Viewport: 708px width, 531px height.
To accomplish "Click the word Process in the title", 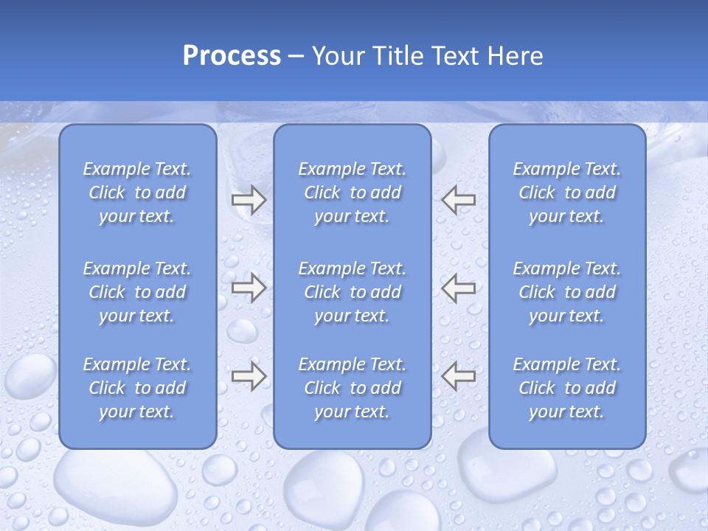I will tap(232, 56).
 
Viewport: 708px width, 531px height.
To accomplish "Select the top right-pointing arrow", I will tap(249, 200).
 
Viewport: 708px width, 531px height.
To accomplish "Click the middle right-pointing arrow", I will tap(249, 288).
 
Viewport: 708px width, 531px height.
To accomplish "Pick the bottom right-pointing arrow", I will tap(249, 376).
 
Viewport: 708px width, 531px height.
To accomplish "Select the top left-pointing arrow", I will tap(458, 200).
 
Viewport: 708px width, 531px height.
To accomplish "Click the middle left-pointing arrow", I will tap(458, 288).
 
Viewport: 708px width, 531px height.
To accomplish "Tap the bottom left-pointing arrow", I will tap(458, 376).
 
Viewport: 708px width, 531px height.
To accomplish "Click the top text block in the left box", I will tap(137, 192).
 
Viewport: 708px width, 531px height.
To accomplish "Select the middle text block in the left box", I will tap(137, 292).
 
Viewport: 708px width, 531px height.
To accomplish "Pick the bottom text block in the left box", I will tap(137, 388).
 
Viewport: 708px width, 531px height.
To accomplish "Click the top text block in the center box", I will tap(352, 192).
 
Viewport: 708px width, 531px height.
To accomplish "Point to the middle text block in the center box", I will tap(352, 292).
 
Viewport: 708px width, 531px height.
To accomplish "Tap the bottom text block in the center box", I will tap(352, 388).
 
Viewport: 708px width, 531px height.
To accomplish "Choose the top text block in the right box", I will tap(566, 192).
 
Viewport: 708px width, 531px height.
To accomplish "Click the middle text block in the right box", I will tap(566, 292).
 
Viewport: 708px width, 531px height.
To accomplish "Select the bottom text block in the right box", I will tap(566, 388).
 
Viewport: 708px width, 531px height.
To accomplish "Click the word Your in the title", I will tap(337, 56).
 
